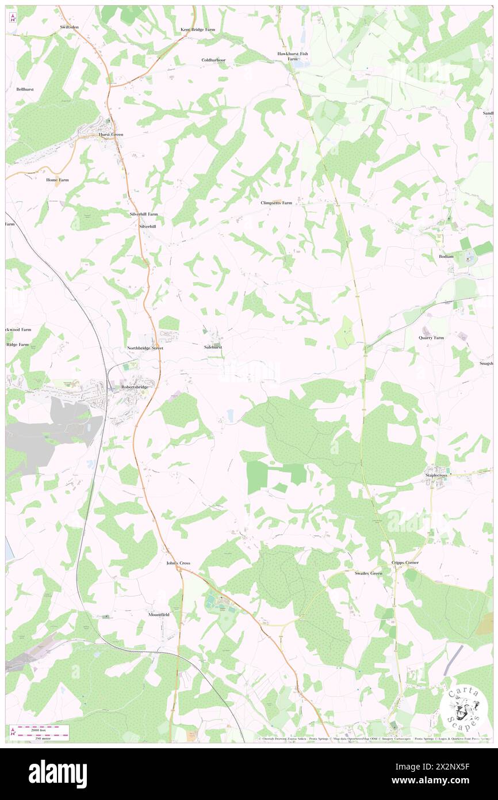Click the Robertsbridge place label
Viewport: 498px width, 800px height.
coord(135,387)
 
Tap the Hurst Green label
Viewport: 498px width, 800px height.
coord(111,134)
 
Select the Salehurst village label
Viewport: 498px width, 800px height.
coord(213,348)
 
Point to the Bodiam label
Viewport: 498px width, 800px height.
coord(446,256)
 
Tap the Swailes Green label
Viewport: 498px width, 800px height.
coord(369,573)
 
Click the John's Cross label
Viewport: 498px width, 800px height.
coord(178,563)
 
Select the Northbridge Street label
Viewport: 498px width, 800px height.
coord(145,348)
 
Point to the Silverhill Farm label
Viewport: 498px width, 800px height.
coord(143,214)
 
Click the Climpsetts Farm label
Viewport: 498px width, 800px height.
coord(276,203)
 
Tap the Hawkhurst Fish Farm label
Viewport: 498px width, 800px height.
coord(293,56)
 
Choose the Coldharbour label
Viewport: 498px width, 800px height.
coord(213,60)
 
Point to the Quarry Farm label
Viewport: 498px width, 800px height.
coord(431,338)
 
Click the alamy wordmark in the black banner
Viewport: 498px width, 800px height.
coord(58,774)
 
